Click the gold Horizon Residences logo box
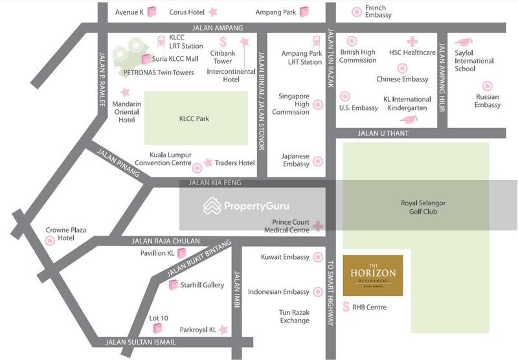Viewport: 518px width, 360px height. pos(372,275)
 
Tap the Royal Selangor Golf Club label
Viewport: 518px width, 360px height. pos(423,207)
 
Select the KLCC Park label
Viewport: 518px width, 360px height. pos(194,118)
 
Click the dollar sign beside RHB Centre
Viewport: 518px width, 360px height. pos(346,307)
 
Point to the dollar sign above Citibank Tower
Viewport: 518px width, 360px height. pos(223,41)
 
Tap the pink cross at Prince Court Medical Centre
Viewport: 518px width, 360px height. pos(318,226)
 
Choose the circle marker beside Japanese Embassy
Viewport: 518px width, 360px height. pos(318,161)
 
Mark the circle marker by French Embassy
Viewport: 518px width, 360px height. pos(356,12)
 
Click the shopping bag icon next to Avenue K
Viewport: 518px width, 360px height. pos(152,11)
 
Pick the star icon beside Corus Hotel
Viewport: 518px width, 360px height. pos(213,12)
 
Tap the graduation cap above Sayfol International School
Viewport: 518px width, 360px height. pos(464,42)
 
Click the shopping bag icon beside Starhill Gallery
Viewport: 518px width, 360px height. pos(173,285)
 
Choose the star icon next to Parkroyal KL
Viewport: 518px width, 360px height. pos(223,330)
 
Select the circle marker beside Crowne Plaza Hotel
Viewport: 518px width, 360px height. pos(50,241)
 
